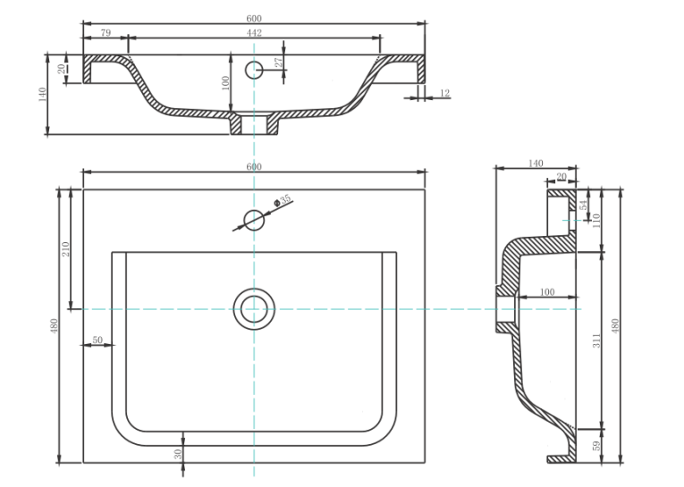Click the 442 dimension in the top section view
click(254, 33)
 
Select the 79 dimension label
click(106, 33)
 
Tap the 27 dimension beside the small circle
click(279, 62)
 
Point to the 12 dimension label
click(445, 93)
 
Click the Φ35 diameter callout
click(283, 200)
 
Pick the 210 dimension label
click(65, 249)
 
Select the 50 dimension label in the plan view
click(97, 340)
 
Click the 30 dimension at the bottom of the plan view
click(178, 454)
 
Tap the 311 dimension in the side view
click(596, 340)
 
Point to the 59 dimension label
click(596, 446)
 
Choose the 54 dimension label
click(584, 205)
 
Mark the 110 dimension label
click(596, 220)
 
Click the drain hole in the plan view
click(254, 309)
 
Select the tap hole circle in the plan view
click(254, 220)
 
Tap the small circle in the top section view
click(254, 70)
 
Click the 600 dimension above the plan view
click(254, 166)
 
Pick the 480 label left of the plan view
click(54, 326)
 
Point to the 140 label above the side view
click(536, 163)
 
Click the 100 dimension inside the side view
click(547, 292)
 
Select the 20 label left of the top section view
click(62, 69)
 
